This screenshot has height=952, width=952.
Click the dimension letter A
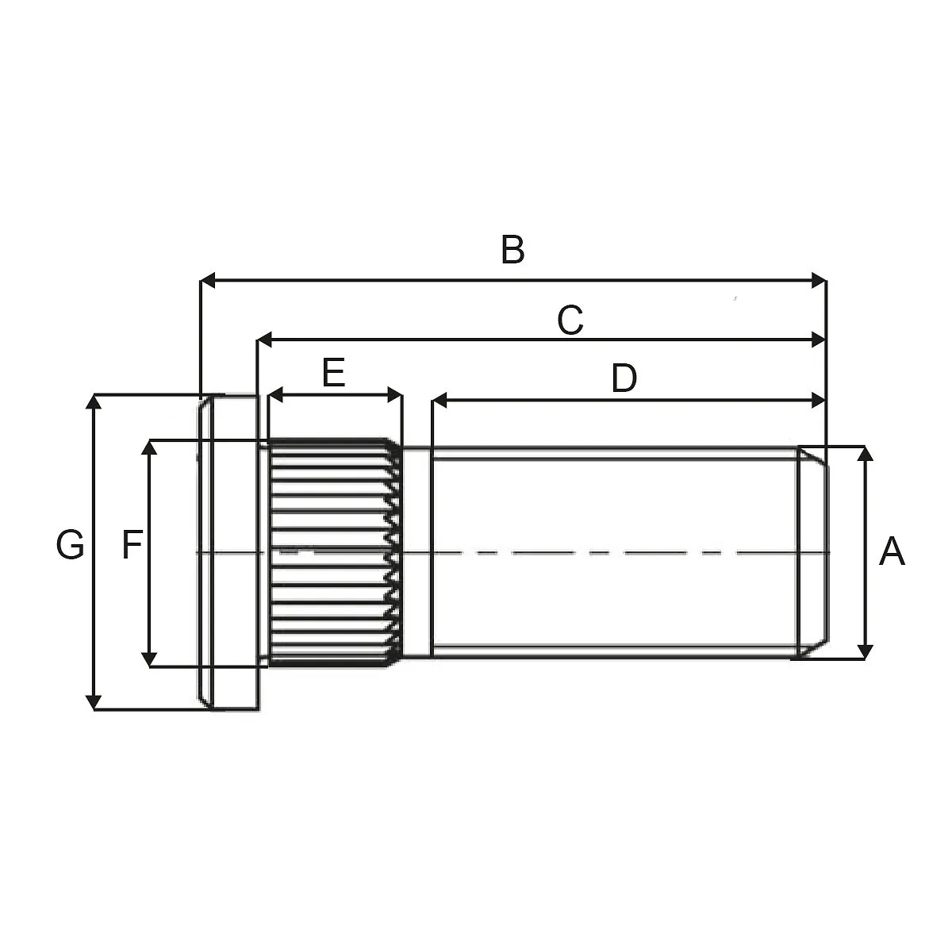892,551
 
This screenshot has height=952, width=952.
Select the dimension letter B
512,249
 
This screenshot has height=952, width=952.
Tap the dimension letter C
570,321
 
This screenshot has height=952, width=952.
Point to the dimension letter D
624,378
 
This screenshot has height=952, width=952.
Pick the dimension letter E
333,373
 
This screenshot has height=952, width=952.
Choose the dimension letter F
132,544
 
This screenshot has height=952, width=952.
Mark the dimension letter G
70,544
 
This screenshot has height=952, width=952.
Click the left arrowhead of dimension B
208,280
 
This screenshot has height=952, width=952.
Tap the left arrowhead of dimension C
265,340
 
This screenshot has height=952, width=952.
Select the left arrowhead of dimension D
440,400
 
